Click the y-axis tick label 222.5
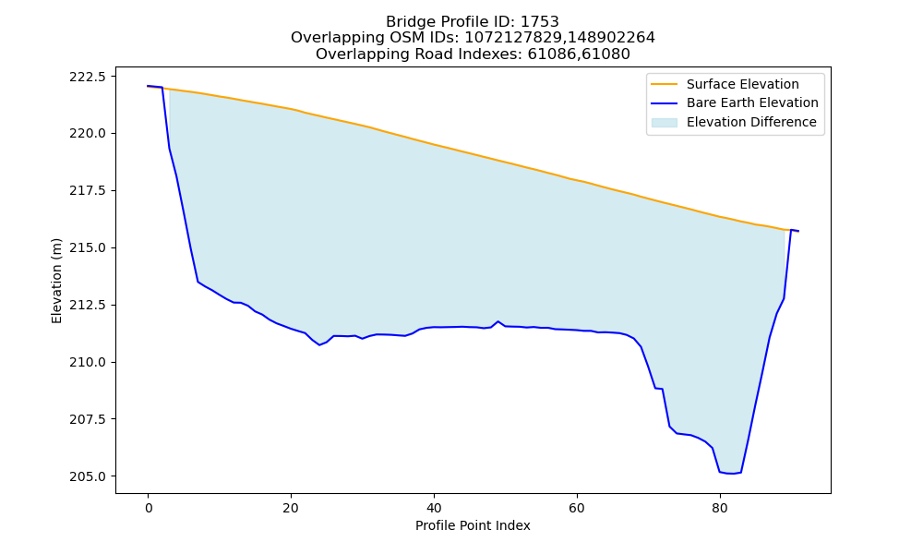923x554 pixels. [x=88, y=77]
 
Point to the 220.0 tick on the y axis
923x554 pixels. [x=88, y=134]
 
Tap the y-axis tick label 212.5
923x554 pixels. [x=88, y=305]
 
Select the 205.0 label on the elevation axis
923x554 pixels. [x=88, y=476]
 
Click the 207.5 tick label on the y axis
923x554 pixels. [x=88, y=419]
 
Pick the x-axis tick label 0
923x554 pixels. [x=149, y=509]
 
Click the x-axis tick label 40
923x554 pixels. [x=434, y=509]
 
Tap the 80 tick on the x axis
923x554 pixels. [x=719, y=509]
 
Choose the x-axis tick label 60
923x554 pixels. [x=577, y=509]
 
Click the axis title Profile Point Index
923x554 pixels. [x=473, y=525]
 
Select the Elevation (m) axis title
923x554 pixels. [x=56, y=281]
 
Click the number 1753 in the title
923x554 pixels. [x=540, y=22]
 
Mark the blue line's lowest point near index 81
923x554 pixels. [x=730, y=474]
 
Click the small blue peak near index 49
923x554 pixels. [x=498, y=321]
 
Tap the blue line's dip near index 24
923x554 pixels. [x=319, y=344]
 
